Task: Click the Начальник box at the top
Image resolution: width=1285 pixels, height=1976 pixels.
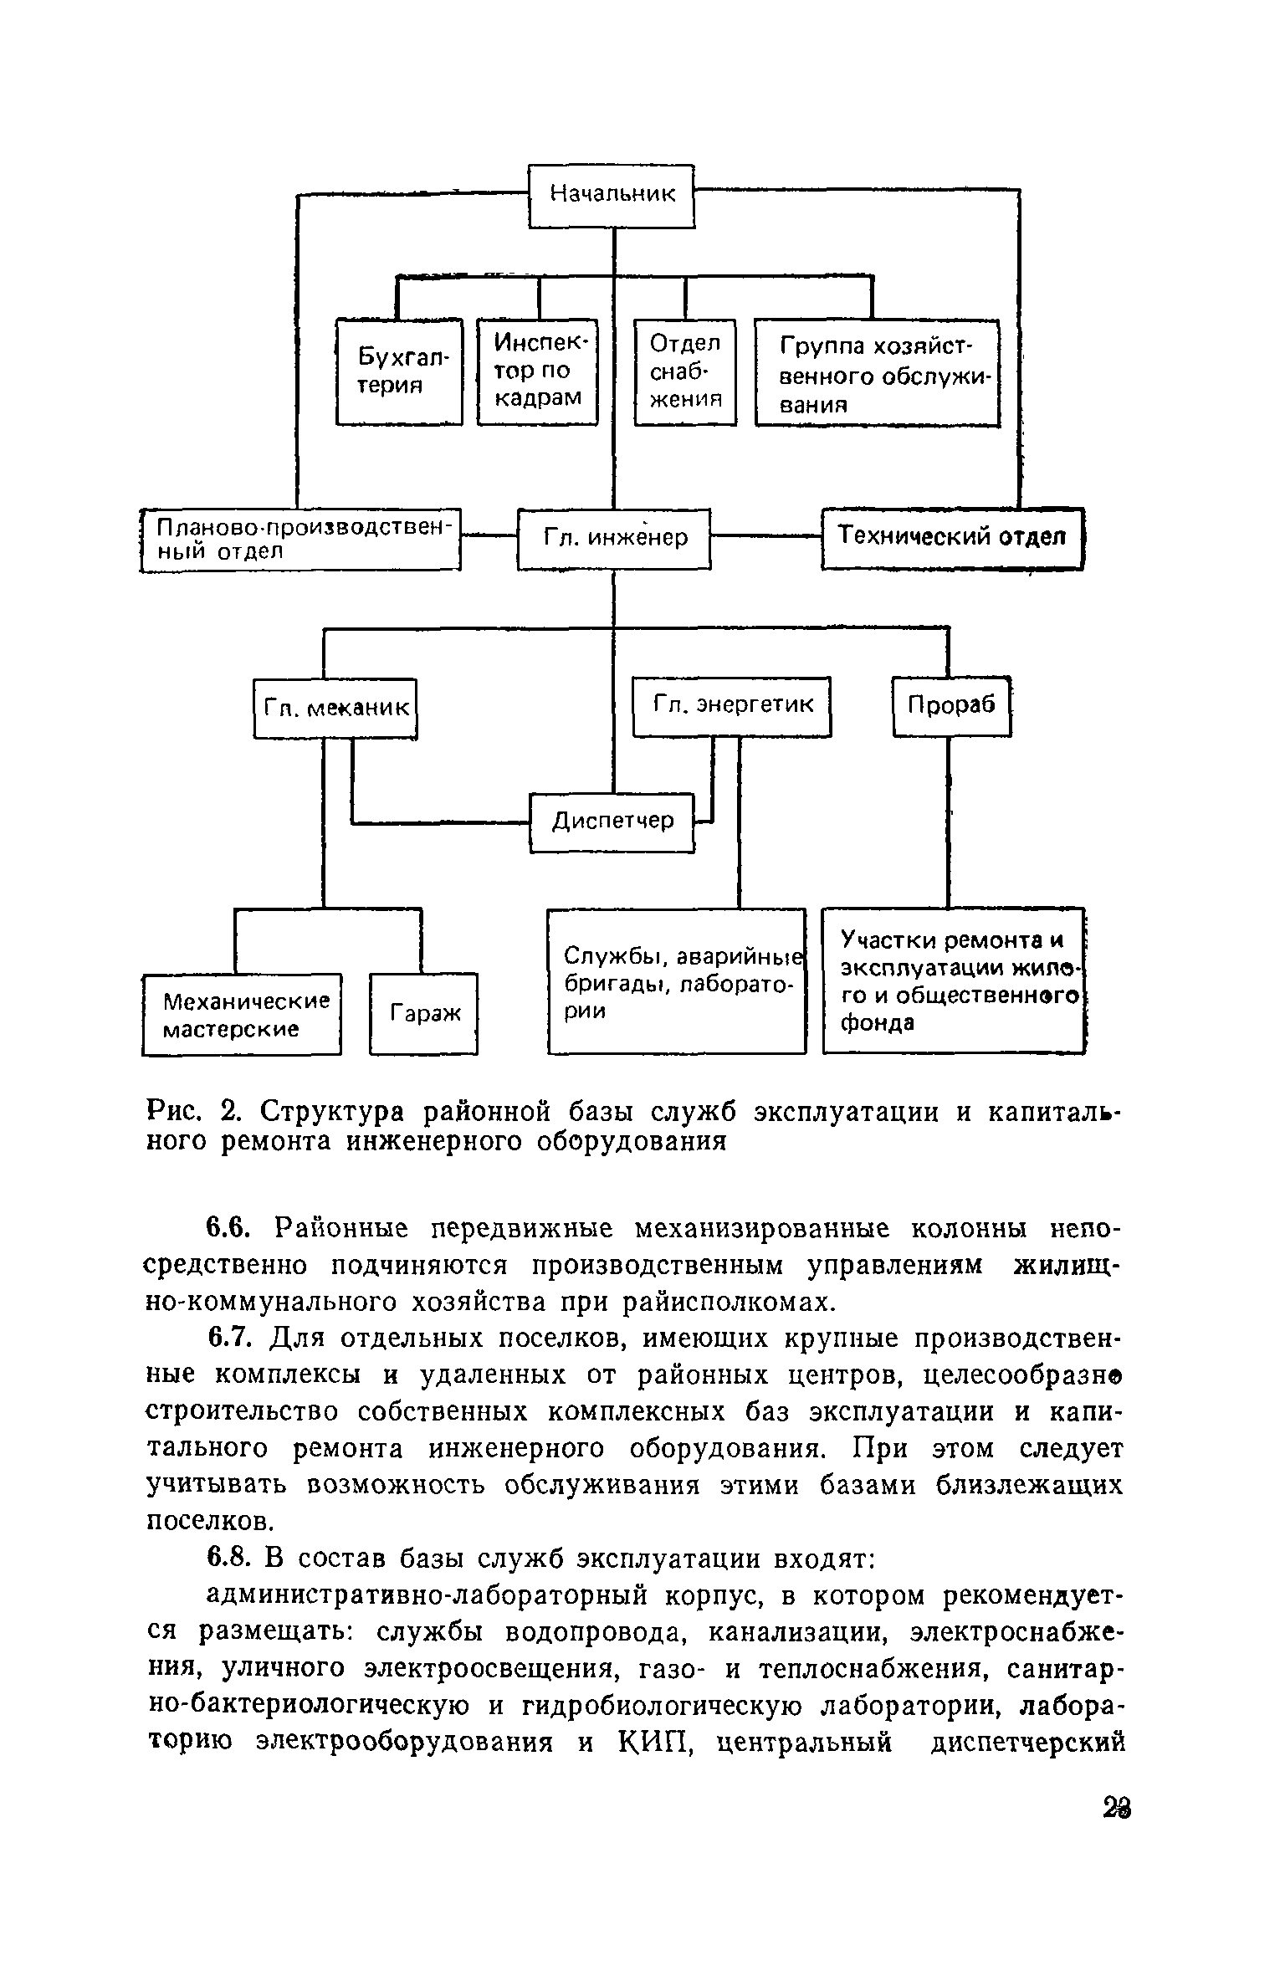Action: (x=612, y=195)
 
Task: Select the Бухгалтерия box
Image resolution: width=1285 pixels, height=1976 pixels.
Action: (x=399, y=371)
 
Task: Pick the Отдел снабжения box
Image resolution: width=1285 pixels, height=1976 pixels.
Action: (x=685, y=371)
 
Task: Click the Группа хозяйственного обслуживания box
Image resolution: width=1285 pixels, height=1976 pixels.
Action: (x=877, y=373)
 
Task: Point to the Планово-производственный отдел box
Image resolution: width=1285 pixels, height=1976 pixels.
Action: (x=301, y=540)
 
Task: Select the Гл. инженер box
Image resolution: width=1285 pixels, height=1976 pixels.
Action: (x=614, y=539)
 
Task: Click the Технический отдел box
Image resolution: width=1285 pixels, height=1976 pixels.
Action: (x=952, y=538)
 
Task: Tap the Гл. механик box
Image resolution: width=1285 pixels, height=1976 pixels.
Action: (x=335, y=708)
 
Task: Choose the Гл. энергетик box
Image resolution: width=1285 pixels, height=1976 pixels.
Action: (x=732, y=706)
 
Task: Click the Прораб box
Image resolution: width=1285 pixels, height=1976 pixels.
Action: (x=951, y=706)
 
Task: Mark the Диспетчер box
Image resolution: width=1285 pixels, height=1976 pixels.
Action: (x=612, y=822)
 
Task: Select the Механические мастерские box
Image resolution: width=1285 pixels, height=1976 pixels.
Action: (x=242, y=1014)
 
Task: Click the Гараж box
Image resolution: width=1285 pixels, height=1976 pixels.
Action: (x=424, y=1013)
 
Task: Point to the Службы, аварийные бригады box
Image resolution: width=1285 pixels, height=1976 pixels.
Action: (x=676, y=980)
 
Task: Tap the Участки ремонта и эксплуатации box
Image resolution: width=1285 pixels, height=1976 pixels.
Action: (x=953, y=980)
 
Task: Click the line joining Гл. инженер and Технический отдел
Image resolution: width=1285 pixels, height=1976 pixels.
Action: (x=765, y=536)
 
